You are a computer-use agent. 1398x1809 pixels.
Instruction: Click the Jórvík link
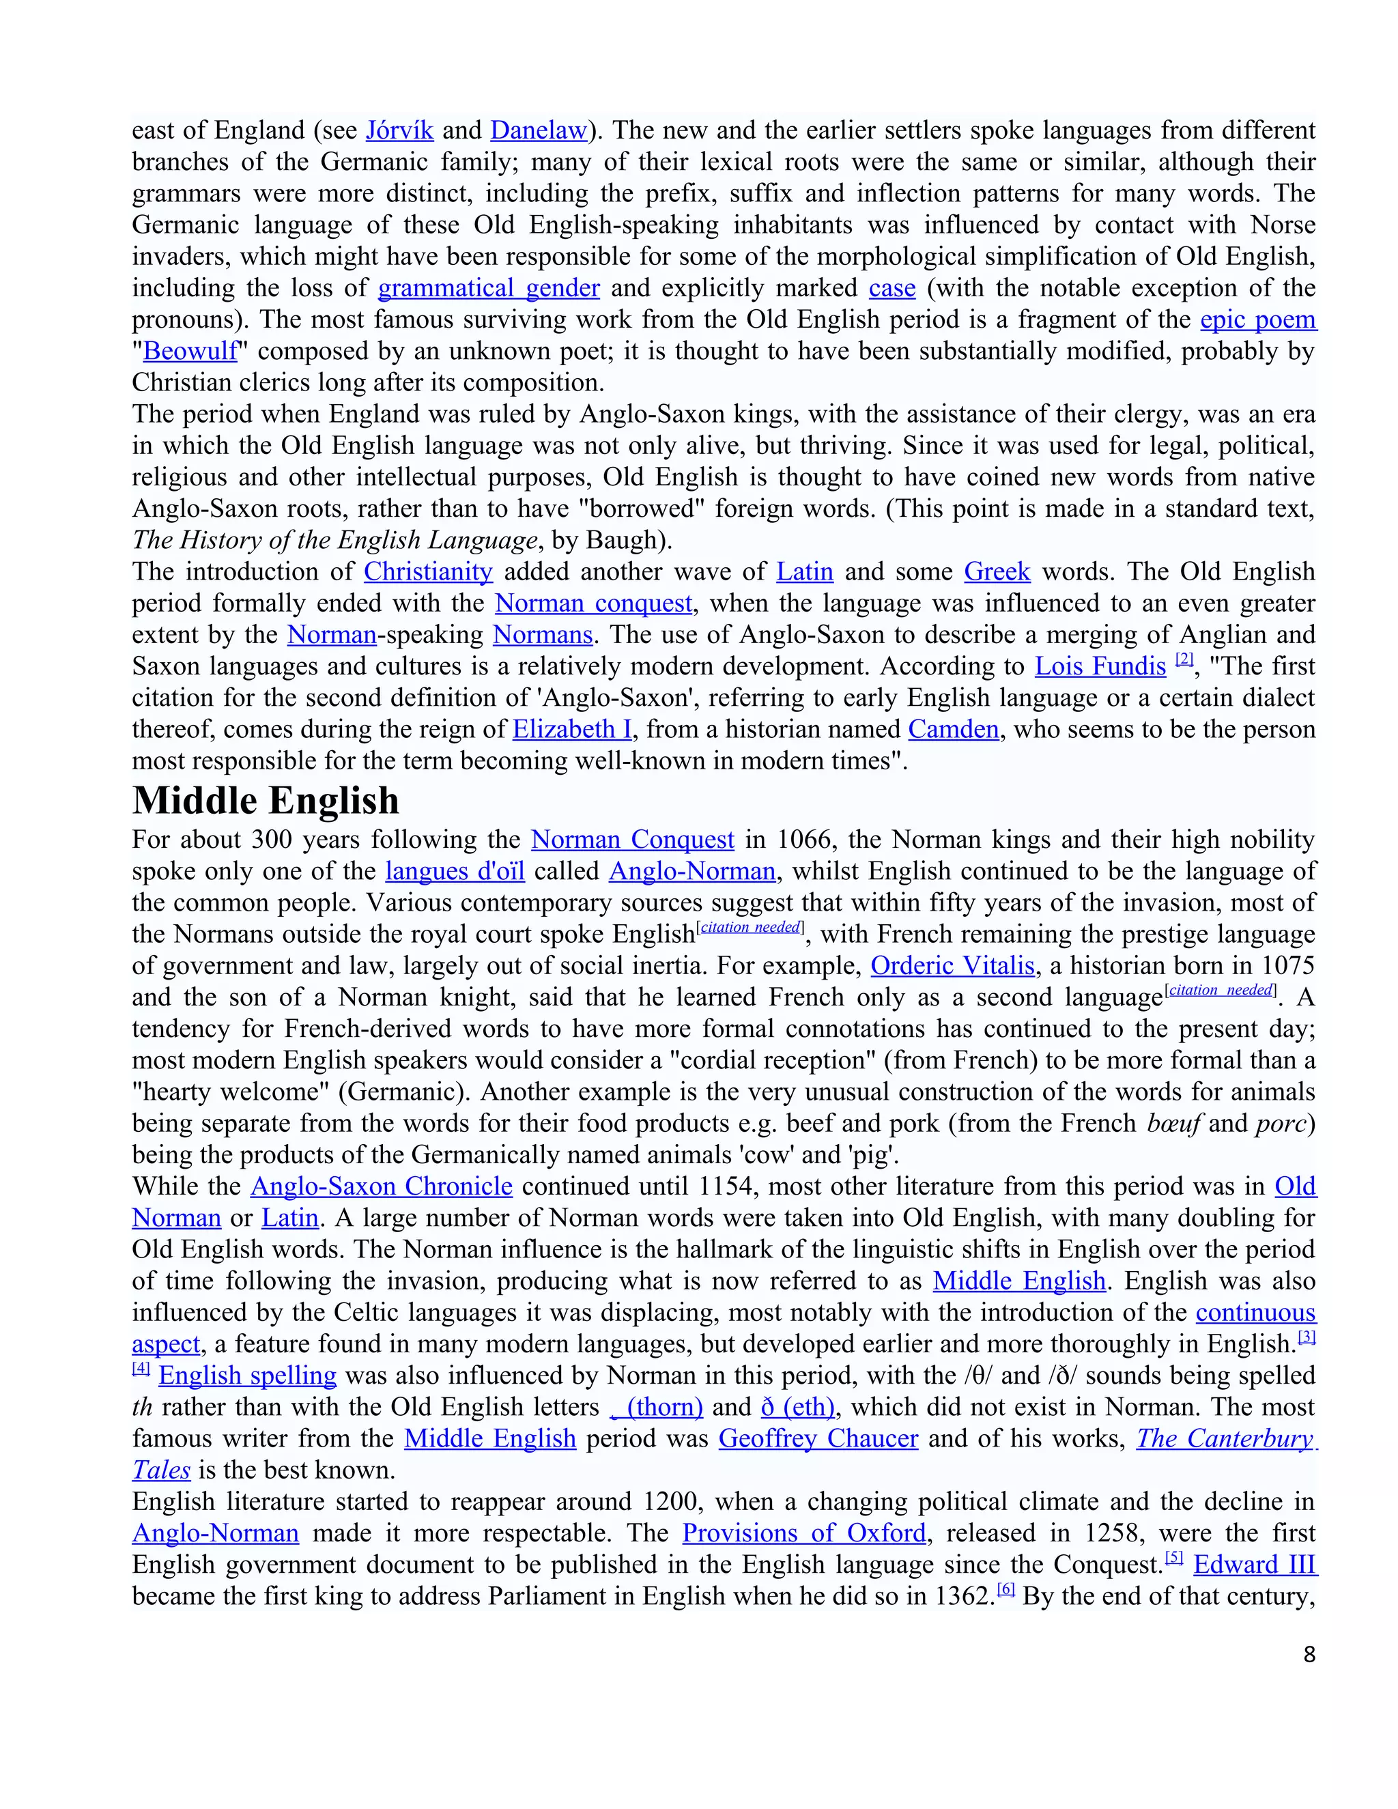click(399, 131)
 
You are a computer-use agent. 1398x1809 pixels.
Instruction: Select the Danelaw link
click(539, 131)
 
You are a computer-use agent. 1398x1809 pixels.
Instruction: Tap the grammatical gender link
click(489, 288)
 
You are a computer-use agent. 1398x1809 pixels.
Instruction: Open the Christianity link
click(428, 571)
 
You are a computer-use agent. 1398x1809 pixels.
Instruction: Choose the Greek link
click(997, 571)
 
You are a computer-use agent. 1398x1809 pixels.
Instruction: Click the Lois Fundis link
click(1100, 666)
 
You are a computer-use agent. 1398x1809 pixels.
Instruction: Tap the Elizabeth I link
click(572, 729)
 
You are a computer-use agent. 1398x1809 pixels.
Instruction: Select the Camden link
click(953, 729)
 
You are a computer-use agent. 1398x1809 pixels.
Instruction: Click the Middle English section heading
click(266, 801)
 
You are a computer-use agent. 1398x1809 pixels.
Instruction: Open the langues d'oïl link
click(455, 871)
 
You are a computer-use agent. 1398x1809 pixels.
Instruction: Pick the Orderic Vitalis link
click(952, 966)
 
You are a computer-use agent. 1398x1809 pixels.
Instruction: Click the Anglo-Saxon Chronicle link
click(382, 1186)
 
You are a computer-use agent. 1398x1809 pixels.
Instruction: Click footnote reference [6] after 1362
click(1005, 1589)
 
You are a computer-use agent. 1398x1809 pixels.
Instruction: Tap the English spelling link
click(248, 1375)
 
